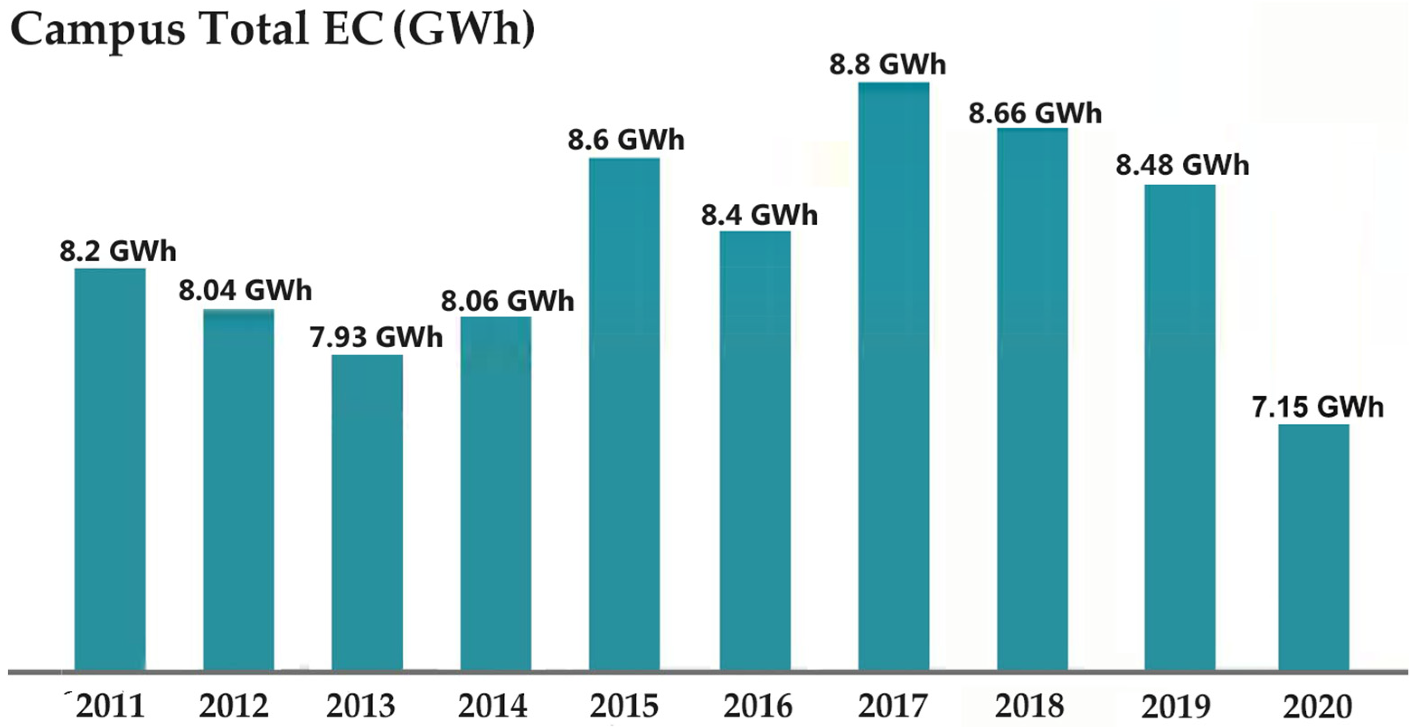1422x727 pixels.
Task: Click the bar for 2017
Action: coord(893,375)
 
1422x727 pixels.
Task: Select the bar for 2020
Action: coord(1314,547)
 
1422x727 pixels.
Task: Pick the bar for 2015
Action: coord(624,414)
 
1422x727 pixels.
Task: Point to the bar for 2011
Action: coord(110,469)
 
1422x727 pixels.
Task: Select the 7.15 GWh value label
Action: coord(1317,408)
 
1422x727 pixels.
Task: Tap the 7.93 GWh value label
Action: coord(376,338)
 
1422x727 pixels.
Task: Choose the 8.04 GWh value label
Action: coord(245,291)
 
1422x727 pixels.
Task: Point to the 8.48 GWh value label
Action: coord(1182,165)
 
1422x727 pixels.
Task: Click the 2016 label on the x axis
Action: coord(758,706)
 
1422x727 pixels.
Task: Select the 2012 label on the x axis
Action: coord(234,706)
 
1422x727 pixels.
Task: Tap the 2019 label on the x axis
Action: coord(1176,706)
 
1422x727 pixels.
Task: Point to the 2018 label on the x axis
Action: coord(1030,706)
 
